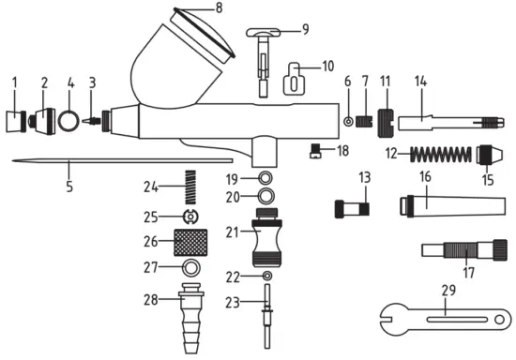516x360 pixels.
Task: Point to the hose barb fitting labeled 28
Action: click(190, 307)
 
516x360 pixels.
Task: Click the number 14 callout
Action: click(419, 82)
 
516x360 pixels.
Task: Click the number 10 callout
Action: click(327, 67)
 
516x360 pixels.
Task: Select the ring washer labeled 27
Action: click(190, 268)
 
